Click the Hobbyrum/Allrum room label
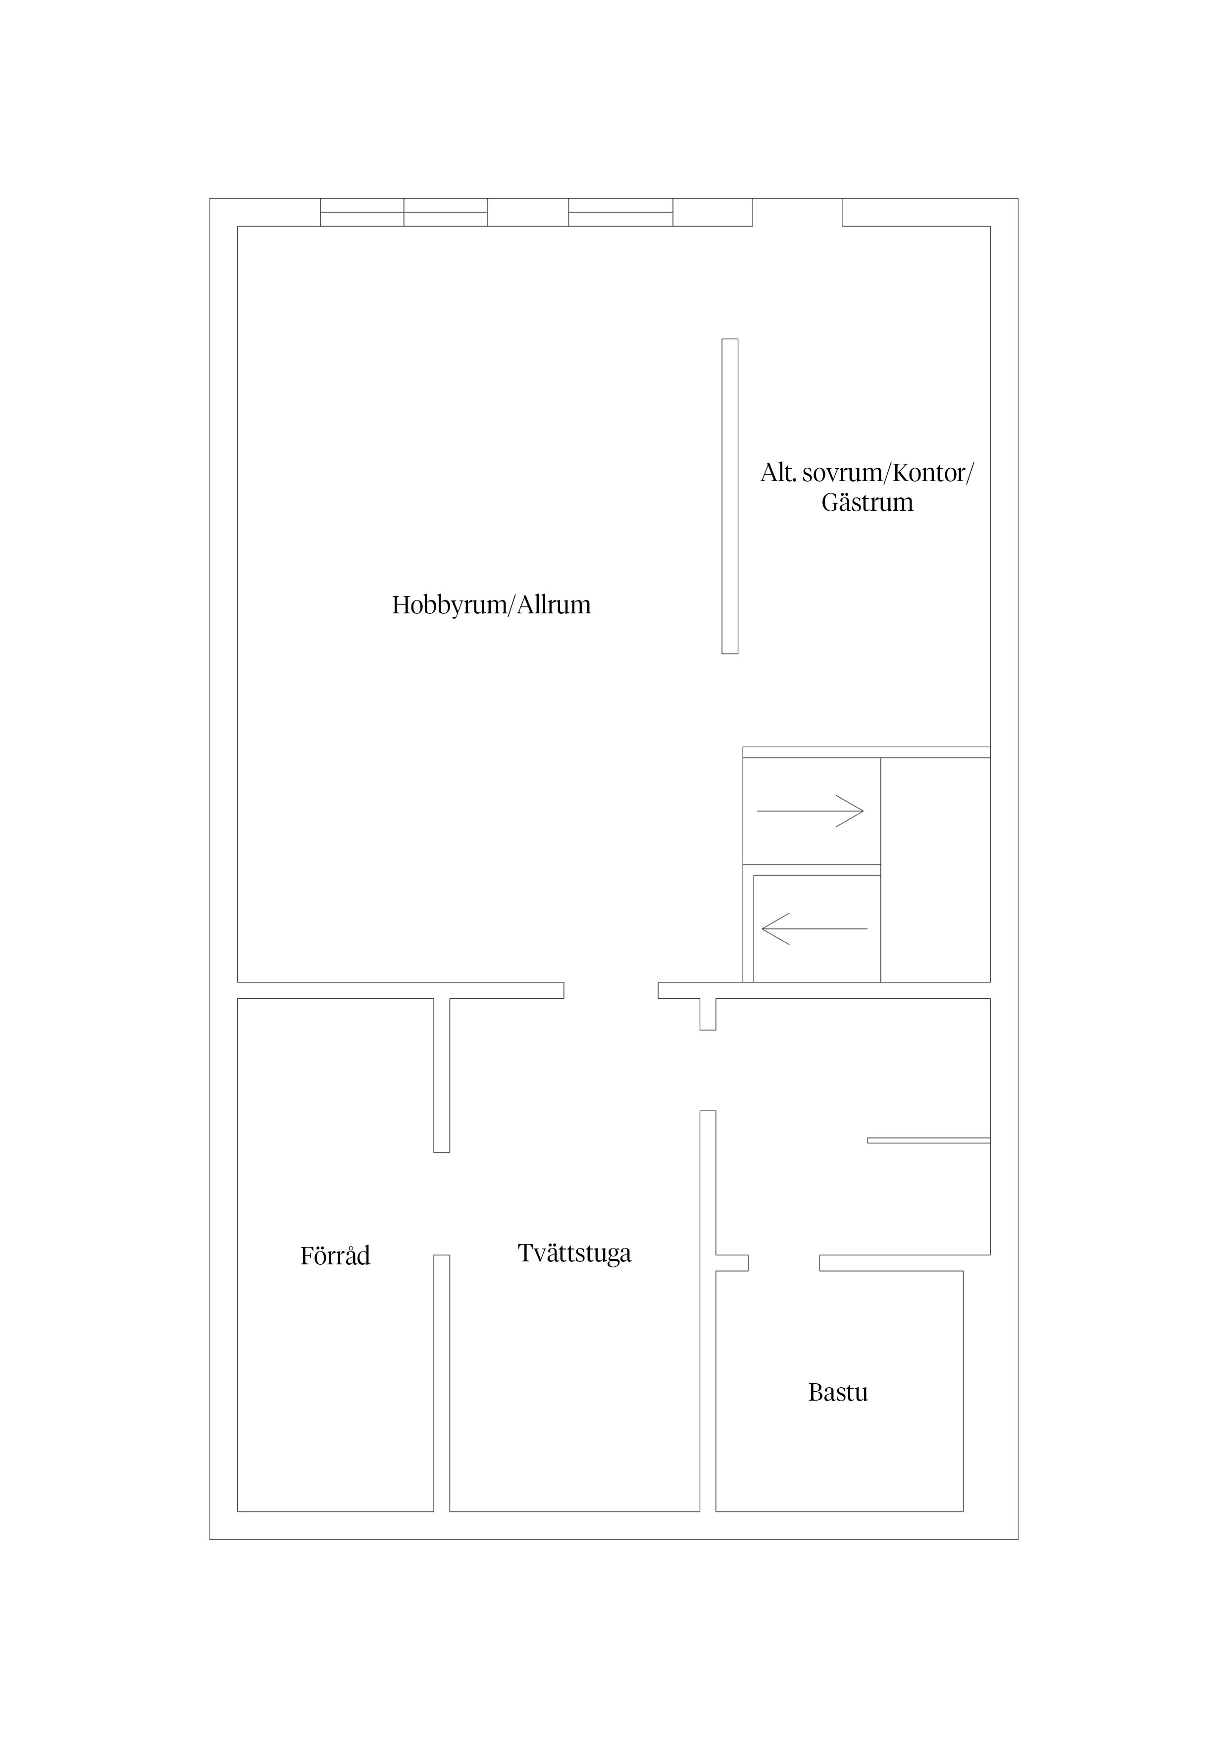click(x=491, y=605)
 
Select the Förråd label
click(x=335, y=1256)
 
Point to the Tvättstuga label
click(x=574, y=1253)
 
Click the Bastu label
click(x=838, y=1393)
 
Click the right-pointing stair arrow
click(x=810, y=811)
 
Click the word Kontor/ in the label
click(x=933, y=473)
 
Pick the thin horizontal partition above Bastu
click(x=928, y=1140)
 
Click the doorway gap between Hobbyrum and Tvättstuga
click(x=611, y=990)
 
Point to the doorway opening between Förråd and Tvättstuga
click(x=441, y=1203)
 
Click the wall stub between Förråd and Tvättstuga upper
click(x=441, y=1076)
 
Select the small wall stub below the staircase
click(x=708, y=1014)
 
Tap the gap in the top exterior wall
click(x=798, y=212)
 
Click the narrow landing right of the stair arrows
click(x=935, y=870)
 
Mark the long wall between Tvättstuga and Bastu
click(x=708, y=1310)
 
